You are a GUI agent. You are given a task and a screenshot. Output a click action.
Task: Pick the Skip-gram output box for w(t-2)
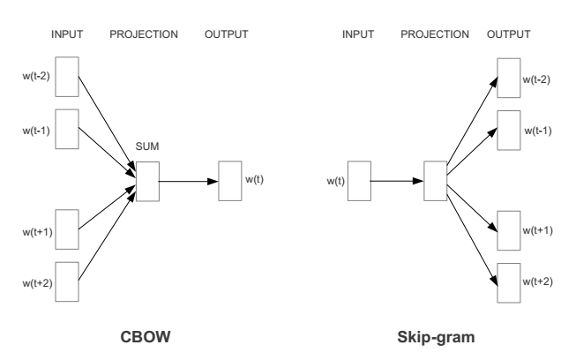(x=507, y=78)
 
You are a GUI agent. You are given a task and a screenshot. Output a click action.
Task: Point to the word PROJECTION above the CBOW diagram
(x=144, y=35)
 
